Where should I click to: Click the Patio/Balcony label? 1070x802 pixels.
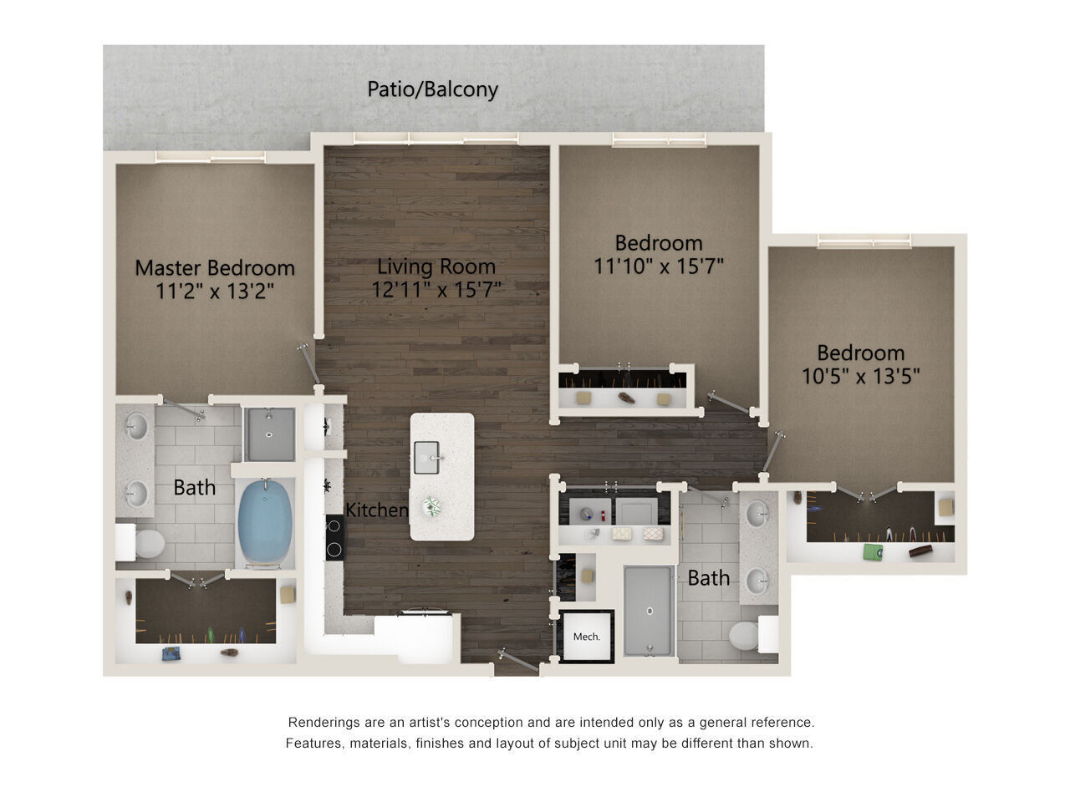[432, 89]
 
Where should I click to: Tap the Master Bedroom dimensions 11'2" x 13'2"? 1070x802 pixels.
[215, 291]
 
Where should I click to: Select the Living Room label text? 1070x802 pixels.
[436, 267]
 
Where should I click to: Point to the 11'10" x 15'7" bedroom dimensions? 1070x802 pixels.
[658, 266]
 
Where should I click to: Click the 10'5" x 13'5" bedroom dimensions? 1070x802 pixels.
[860, 376]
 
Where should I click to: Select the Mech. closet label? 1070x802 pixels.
[587, 637]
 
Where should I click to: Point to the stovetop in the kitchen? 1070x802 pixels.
[334, 537]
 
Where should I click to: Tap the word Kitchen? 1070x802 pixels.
[377, 510]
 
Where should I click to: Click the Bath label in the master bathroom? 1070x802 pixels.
[194, 487]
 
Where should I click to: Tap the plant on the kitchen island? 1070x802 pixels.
[432, 505]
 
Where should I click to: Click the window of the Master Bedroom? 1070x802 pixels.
[210, 156]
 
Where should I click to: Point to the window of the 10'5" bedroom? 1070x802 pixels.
[864, 241]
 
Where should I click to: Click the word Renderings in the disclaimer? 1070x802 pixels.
[325, 723]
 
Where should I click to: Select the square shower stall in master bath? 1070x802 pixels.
[269, 434]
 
